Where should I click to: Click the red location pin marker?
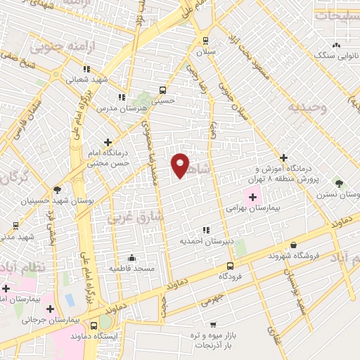180,164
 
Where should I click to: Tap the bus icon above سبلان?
205,40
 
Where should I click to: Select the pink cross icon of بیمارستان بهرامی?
252,198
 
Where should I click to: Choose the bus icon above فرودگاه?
231,266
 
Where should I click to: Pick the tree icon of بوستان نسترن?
340,182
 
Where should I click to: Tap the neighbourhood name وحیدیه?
306,108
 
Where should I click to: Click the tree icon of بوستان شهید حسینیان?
56,189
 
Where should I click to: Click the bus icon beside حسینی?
163,90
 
